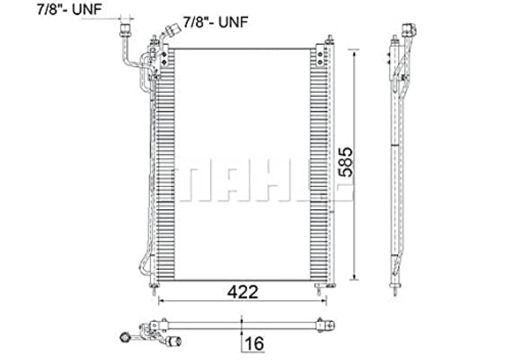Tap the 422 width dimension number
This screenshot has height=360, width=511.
point(242,292)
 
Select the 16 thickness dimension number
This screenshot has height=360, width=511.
point(254,344)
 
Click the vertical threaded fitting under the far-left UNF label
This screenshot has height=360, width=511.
point(125,29)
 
